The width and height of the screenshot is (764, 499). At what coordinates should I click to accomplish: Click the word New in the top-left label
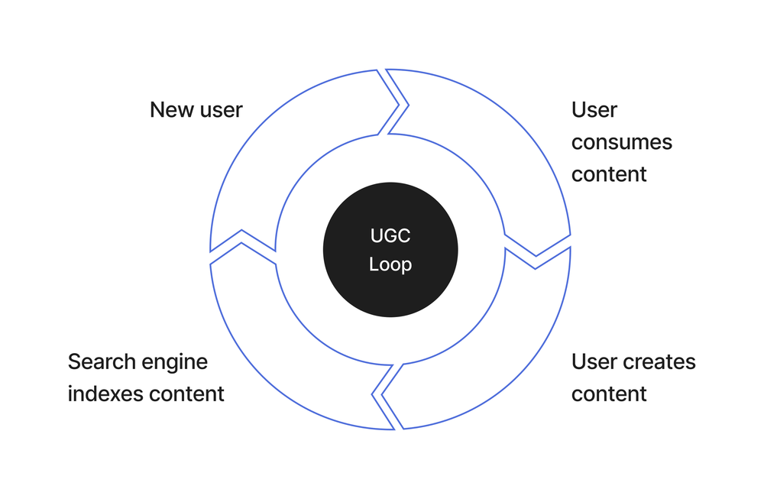click(170, 110)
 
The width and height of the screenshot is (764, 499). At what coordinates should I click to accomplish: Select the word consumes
click(621, 142)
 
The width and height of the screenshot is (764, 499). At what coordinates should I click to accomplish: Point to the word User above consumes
click(594, 110)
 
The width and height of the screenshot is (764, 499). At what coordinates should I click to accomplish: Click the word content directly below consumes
click(609, 174)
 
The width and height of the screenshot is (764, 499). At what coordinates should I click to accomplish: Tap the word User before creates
click(594, 361)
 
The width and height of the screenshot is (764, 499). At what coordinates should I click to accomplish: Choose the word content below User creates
click(609, 394)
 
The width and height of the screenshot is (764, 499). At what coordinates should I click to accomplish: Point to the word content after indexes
click(186, 394)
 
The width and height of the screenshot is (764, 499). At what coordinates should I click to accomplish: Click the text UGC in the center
click(390, 236)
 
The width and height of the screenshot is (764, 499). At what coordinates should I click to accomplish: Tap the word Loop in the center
click(390, 265)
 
